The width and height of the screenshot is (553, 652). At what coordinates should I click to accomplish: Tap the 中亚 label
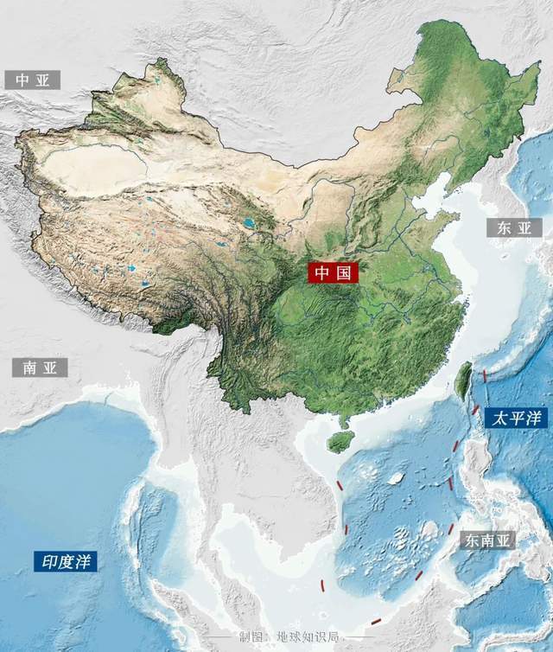33,80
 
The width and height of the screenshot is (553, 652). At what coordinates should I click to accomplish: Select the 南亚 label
39,368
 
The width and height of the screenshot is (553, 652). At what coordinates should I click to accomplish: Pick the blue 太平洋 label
517,419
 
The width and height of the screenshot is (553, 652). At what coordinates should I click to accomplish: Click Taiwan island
463,380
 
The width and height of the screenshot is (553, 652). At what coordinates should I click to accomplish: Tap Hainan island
340,442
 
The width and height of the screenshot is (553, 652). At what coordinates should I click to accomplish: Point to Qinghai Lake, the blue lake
249,223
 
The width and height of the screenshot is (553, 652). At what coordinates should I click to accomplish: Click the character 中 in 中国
321,273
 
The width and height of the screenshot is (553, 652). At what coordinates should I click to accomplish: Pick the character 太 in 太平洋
499,419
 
